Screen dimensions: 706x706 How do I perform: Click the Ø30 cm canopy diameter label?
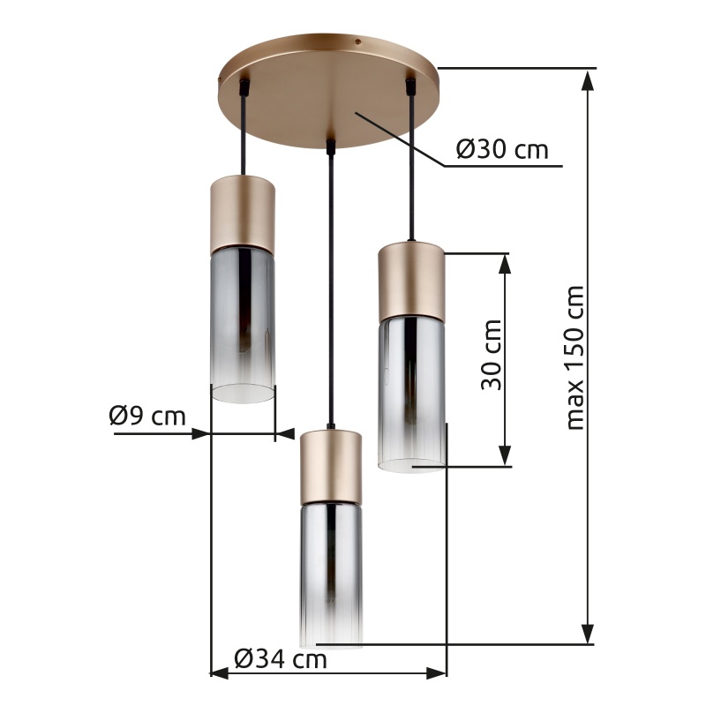click(x=502, y=149)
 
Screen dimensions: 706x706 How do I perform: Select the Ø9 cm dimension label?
click(x=147, y=416)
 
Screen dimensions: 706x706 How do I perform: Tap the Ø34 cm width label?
click(x=281, y=659)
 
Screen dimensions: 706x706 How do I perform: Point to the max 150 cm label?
click(x=575, y=357)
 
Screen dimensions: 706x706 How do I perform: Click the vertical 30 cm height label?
click(x=492, y=355)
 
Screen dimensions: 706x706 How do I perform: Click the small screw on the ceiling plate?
click(x=358, y=41)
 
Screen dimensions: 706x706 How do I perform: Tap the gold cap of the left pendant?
click(x=243, y=214)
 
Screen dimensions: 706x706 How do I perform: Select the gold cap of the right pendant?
click(x=411, y=282)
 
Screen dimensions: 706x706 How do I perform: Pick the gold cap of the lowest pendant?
click(x=331, y=467)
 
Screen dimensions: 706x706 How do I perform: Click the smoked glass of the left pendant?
click(x=243, y=325)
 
